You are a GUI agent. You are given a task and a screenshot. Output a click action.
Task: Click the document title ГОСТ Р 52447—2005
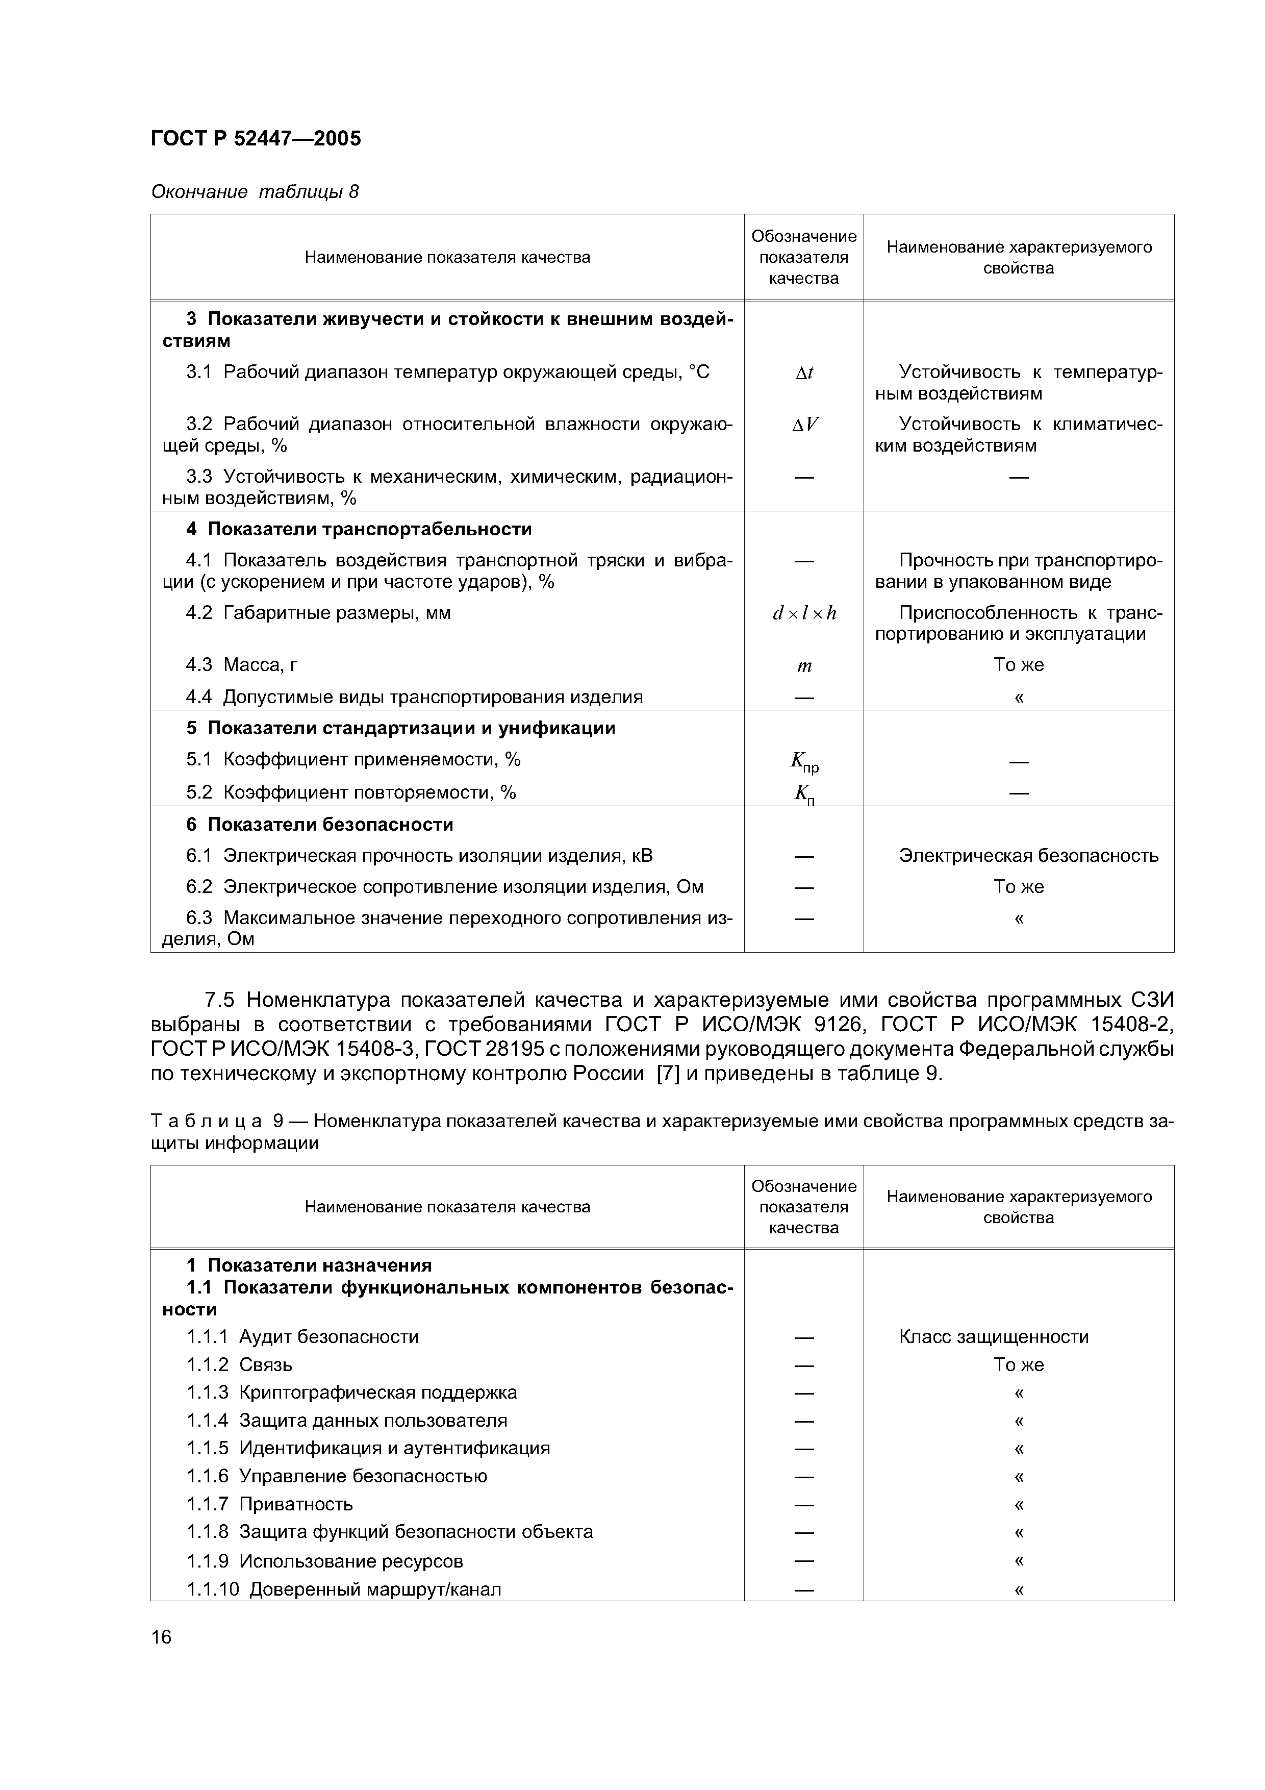pyautogui.click(x=256, y=139)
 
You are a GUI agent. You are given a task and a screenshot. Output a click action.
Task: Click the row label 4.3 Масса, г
pyautogui.click(x=242, y=665)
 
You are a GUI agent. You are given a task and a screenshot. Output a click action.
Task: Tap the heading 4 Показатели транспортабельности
pyautogui.click(x=359, y=529)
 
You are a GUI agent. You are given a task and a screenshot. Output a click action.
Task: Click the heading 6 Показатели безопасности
pyautogui.click(x=319, y=825)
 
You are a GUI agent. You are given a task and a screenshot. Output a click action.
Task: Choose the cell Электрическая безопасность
pyautogui.click(x=1028, y=856)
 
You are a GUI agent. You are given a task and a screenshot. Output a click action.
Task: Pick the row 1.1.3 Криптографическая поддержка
pyautogui.click(x=351, y=1393)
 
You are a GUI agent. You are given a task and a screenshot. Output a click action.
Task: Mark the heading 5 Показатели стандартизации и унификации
pyautogui.click(x=400, y=728)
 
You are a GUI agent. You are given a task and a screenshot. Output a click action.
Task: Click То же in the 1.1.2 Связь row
pyautogui.click(x=1018, y=1365)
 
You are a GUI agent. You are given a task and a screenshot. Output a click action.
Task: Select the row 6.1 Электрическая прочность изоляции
pyautogui.click(x=419, y=856)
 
